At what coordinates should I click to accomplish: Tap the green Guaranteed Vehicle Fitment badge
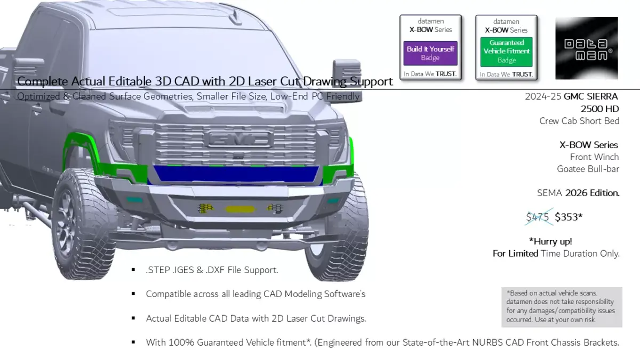[x=506, y=51]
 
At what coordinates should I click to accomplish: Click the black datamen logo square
[x=587, y=48]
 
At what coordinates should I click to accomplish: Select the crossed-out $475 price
[x=538, y=217]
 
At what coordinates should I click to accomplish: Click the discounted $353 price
[x=569, y=217]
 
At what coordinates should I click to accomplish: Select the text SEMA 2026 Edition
[x=578, y=193]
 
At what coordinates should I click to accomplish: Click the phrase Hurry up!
[x=550, y=241]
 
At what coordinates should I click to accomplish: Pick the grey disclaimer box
[x=562, y=307]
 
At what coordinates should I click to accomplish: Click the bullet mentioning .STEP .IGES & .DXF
[x=212, y=270]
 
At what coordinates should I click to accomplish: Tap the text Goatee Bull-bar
[x=588, y=169]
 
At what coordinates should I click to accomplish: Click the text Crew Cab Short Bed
[x=579, y=121]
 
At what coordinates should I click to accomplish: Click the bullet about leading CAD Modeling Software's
[x=255, y=294]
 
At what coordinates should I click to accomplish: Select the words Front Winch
[x=594, y=157]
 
